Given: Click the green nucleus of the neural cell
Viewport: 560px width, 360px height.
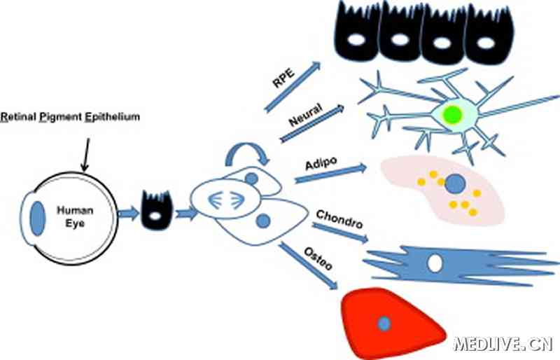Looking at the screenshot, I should [453, 115].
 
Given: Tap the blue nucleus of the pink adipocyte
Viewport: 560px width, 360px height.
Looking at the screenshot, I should [456, 184].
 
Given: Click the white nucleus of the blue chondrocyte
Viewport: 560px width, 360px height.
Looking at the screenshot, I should [435, 263].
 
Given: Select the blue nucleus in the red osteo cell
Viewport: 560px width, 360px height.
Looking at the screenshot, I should [384, 323].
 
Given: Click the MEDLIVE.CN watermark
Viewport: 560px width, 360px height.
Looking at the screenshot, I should [503, 343].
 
